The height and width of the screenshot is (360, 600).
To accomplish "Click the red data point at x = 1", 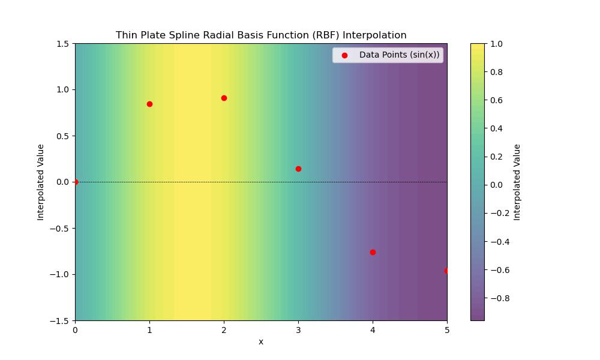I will point(149,104).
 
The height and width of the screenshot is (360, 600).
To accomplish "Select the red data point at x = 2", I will point(224,98).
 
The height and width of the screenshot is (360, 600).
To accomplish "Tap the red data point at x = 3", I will point(298,169).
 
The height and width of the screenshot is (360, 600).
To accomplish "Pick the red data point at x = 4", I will point(373,252).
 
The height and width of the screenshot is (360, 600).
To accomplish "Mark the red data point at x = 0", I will point(75,182).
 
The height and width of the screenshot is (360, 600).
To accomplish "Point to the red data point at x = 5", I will point(446,271).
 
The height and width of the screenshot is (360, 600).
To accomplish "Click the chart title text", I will point(261,35).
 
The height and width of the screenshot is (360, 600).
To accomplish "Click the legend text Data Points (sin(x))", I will point(399,55).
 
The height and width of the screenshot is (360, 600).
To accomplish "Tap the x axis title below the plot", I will point(261,342).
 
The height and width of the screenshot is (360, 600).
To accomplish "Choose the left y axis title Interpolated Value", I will point(41,182).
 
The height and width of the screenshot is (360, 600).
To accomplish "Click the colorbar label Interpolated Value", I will point(517,182).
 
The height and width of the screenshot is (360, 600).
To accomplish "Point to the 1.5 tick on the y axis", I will point(62,44).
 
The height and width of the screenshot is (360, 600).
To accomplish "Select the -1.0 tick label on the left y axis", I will point(60,274).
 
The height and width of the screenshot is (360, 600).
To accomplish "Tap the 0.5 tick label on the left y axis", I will point(62,136).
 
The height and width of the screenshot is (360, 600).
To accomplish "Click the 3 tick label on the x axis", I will point(298,329).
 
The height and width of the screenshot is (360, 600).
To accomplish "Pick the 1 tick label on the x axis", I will point(149,329).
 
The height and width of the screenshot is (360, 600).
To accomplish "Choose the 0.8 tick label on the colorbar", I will point(497,72).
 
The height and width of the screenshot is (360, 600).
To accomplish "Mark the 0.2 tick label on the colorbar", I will point(497,157).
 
